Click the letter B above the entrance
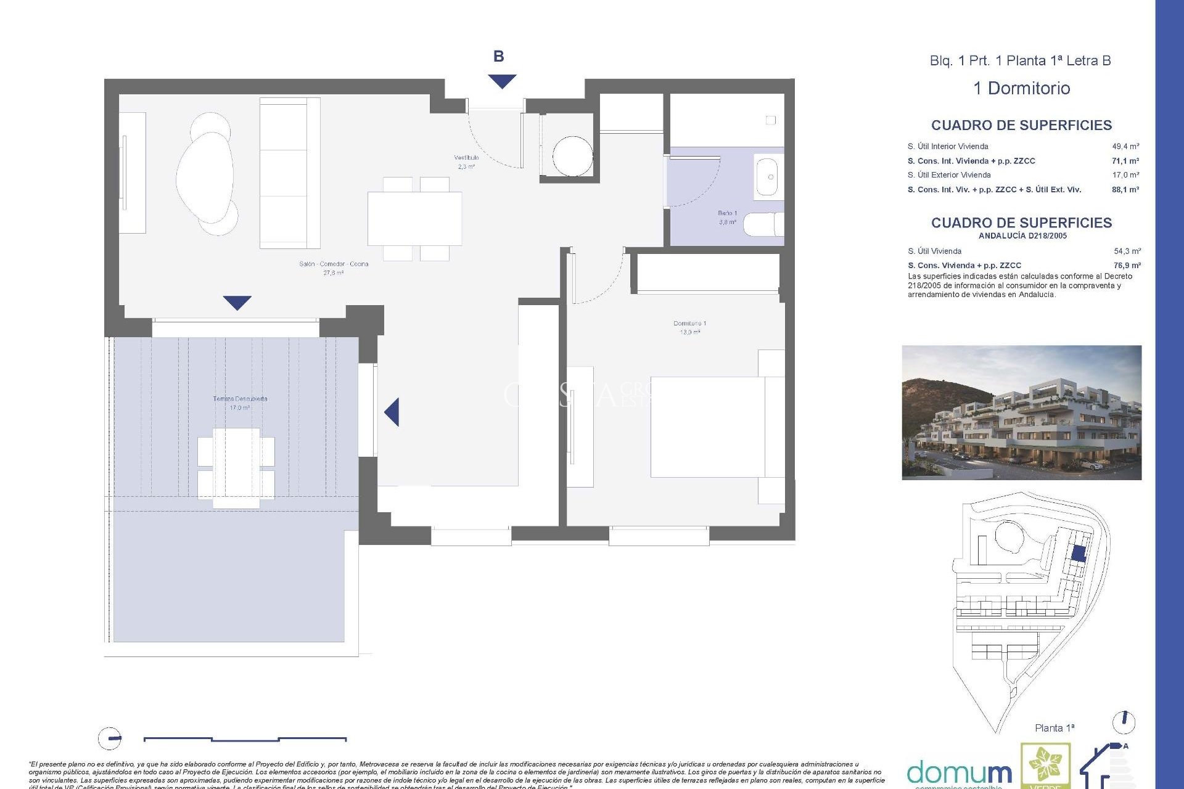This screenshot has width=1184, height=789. tap(498, 57)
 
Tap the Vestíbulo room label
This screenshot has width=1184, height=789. tap(466, 161)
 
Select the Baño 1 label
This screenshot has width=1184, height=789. tap(727, 217)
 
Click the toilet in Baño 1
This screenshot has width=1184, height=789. tap(763, 224)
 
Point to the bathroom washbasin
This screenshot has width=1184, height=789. tap(767, 177)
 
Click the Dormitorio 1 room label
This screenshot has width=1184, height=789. tap(689, 327)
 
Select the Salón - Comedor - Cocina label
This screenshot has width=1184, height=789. tap(334, 268)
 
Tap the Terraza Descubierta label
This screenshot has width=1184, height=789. tap(240, 403)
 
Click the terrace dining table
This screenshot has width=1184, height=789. tap(236, 468)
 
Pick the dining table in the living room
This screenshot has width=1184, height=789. tap(414, 218)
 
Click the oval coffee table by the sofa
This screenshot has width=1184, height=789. tap(205, 176)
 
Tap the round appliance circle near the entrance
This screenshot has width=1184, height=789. tap(572, 157)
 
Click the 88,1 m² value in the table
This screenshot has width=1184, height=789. tap(1125, 190)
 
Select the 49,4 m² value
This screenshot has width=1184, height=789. tap(1125, 147)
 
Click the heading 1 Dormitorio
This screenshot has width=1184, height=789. tap(1021, 88)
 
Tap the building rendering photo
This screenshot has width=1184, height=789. tap(1021, 412)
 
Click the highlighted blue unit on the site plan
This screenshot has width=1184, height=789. tap(1078, 553)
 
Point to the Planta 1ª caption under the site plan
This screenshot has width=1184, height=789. tap(1054, 728)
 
